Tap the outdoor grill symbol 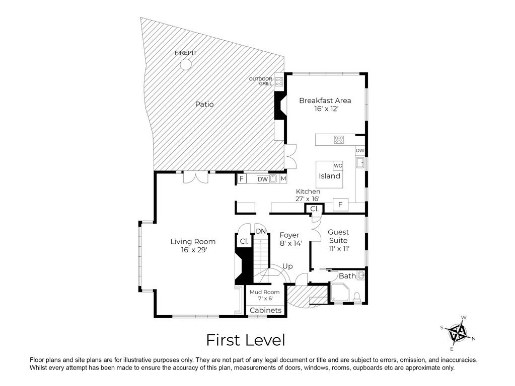tap(279, 81)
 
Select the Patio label tap(204, 104)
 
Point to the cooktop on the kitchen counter tap(339, 140)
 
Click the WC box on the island tap(338, 166)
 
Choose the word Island tap(329, 176)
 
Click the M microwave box tap(283, 179)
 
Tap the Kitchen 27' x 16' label tap(308, 195)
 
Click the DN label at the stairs tap(261, 231)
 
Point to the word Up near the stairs tap(287, 266)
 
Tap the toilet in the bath tap(357, 297)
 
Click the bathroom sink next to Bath tap(361, 275)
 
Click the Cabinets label tap(265, 310)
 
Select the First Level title tap(246, 340)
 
